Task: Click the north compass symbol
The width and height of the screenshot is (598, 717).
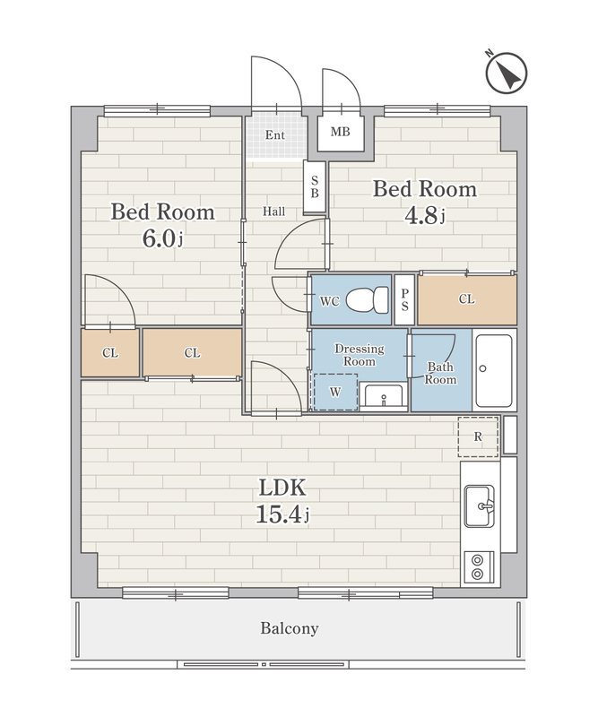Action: pyautogui.click(x=506, y=72)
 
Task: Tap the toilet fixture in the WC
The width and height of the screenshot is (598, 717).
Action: pyautogui.click(x=367, y=300)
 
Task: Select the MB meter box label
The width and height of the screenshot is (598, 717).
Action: pyautogui.click(x=341, y=132)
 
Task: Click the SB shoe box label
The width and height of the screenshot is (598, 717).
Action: pyautogui.click(x=315, y=186)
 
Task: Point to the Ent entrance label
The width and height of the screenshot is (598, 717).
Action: pyautogui.click(x=275, y=135)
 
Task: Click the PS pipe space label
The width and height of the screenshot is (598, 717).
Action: pyautogui.click(x=404, y=300)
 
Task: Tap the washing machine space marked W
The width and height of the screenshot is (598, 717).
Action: pyautogui.click(x=335, y=392)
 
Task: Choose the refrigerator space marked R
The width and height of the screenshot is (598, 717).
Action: pyautogui.click(x=478, y=436)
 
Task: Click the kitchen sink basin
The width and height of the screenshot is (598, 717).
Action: pyautogui.click(x=479, y=506)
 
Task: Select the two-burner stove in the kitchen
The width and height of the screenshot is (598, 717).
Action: pyautogui.click(x=479, y=567)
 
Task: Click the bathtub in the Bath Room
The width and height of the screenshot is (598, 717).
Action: pyautogui.click(x=494, y=371)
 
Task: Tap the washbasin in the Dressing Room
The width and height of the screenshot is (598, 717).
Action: pyautogui.click(x=383, y=396)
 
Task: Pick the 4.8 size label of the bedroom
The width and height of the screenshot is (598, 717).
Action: pyautogui.click(x=425, y=216)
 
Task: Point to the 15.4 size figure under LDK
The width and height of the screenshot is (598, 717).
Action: pyautogui.click(x=282, y=514)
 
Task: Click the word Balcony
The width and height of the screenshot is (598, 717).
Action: pyautogui.click(x=290, y=628)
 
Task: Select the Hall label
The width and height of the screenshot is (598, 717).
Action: pyautogui.click(x=273, y=212)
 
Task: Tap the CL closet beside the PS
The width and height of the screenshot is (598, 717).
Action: pyautogui.click(x=467, y=299)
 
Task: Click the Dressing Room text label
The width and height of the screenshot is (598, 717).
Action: pyautogui.click(x=360, y=355)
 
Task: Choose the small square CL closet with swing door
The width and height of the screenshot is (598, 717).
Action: pyautogui.click(x=110, y=352)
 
